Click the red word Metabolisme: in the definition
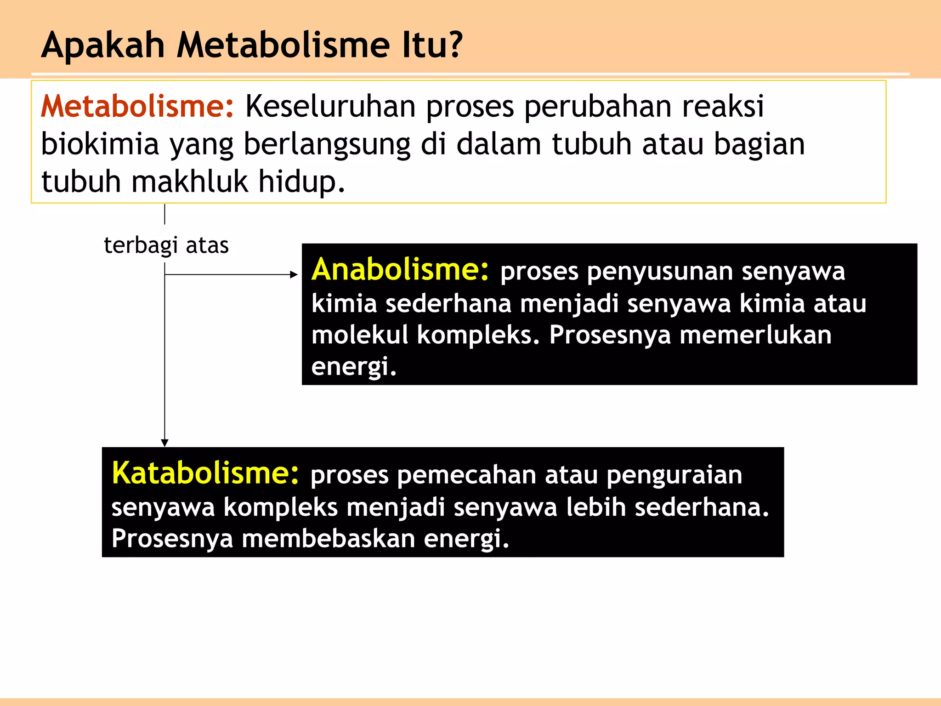click(137, 107)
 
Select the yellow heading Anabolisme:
click(400, 270)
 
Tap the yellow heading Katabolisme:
click(205, 473)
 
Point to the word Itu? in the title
click(432, 45)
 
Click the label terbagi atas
click(166, 245)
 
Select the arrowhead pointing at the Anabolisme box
click(295, 275)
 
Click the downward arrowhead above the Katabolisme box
click(164, 443)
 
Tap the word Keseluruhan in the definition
click(330, 107)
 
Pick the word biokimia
click(100, 144)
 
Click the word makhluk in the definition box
click(190, 182)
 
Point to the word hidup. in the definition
click(301, 182)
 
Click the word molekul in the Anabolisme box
click(359, 335)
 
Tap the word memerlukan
click(755, 335)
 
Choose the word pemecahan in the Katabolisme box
click(466, 475)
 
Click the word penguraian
click(674, 475)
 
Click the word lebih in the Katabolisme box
click(596, 507)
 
